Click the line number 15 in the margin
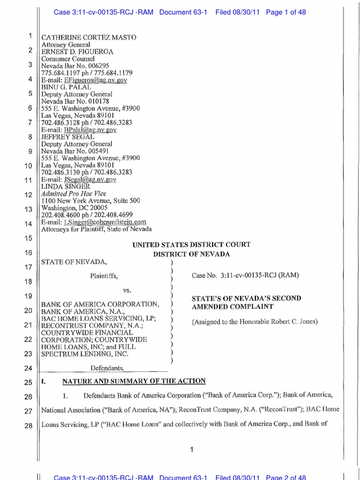(27, 239)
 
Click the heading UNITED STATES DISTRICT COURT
(192, 245)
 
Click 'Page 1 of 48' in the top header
(285, 12)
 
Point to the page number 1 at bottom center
(192, 450)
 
